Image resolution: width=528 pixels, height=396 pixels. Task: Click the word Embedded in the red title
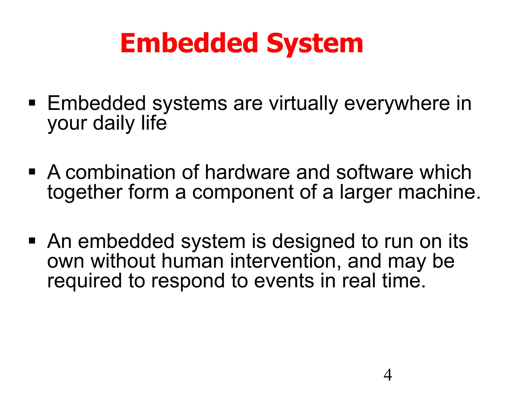(x=189, y=43)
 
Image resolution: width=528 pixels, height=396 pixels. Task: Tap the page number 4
(x=388, y=375)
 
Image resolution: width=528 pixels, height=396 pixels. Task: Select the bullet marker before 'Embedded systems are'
(x=32, y=103)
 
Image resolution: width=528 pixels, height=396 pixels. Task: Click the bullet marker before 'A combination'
(x=32, y=172)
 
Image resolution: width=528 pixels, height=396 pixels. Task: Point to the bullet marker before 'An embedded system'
(x=32, y=241)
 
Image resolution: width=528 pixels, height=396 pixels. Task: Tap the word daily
(x=114, y=123)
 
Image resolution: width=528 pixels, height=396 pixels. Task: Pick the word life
(x=154, y=123)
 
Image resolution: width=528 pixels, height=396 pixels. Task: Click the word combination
(x=120, y=172)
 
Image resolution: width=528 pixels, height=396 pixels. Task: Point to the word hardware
(x=247, y=172)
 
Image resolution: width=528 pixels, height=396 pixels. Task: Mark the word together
(x=85, y=192)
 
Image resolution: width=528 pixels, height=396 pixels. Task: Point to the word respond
(x=188, y=281)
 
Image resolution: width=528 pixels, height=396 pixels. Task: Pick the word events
(x=284, y=281)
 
